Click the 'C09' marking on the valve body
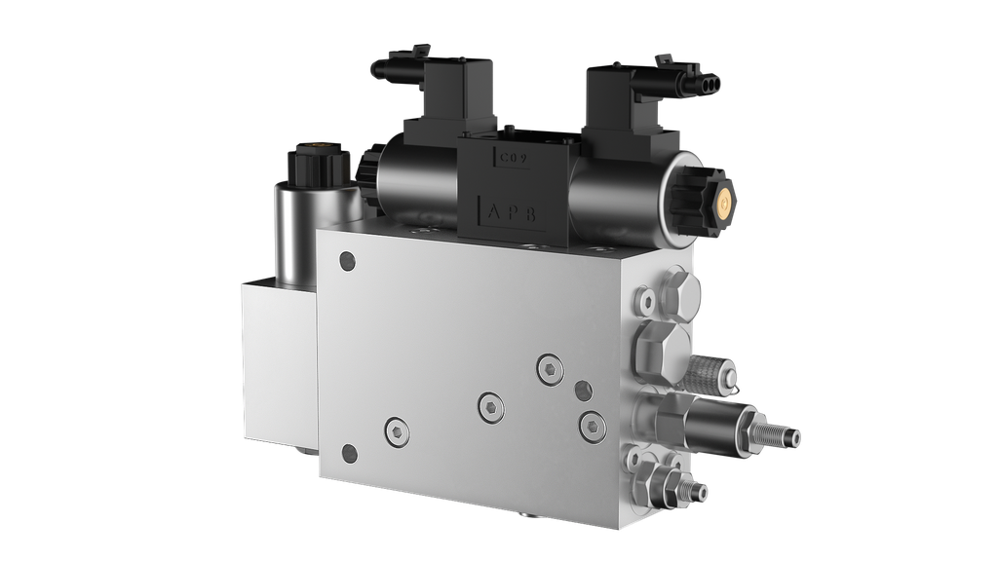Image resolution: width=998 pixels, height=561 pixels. pos(515,159)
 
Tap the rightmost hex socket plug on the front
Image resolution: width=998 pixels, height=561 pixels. pos(589,424)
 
